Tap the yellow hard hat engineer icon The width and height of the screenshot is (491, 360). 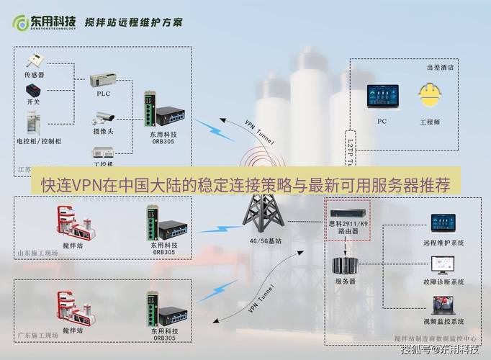point(430,96)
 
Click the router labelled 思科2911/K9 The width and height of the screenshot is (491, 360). point(349,213)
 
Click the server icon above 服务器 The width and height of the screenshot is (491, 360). point(346,265)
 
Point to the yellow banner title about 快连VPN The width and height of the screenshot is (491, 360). point(245,185)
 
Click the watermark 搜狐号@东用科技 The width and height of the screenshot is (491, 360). point(440,350)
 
